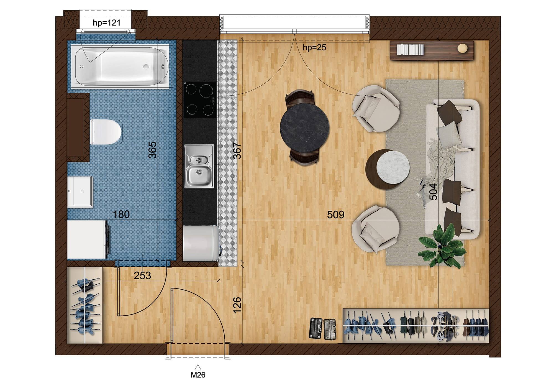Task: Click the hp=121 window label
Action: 107,22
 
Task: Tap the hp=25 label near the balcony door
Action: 314,48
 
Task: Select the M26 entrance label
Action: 198,375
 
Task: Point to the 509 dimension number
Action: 336,215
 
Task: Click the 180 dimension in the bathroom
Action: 122,214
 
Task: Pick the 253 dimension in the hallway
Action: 142,275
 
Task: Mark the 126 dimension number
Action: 237,305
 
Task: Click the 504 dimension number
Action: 433,192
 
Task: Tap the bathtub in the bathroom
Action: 120,66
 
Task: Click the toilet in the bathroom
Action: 106,132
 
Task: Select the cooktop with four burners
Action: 200,99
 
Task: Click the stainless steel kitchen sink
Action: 199,166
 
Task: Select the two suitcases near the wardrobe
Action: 322,329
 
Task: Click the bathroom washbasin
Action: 80,192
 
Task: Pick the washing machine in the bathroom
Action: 88,239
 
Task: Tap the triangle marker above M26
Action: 198,367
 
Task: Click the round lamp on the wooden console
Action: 462,48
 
